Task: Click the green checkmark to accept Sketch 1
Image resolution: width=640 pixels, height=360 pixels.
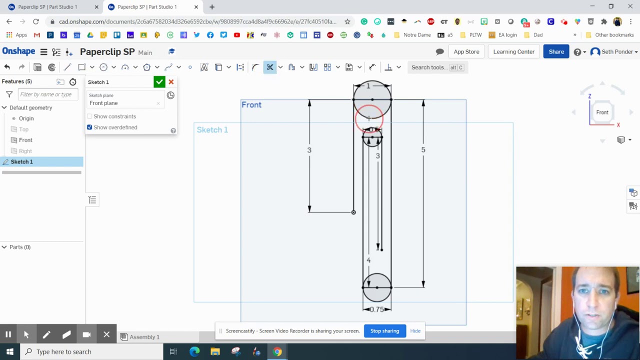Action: [x=159, y=82]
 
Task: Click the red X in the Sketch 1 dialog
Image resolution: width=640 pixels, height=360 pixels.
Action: [x=171, y=82]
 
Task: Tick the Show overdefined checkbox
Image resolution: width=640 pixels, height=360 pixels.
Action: [x=90, y=127]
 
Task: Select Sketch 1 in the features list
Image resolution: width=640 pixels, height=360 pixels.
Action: [x=22, y=161]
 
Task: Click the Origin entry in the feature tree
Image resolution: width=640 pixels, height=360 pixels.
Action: [x=26, y=118]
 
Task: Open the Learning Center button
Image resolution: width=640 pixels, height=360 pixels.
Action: [x=513, y=52]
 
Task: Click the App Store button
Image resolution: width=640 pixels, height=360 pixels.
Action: [x=466, y=52]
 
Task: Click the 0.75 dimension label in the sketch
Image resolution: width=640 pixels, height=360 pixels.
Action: [x=377, y=309]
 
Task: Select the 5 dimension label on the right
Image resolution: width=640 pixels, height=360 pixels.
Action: [x=423, y=149]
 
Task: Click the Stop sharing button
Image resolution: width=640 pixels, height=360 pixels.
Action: [x=384, y=331]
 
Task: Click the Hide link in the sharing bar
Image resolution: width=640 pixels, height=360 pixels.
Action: [x=415, y=331]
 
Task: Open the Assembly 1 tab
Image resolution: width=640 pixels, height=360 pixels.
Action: [x=144, y=337]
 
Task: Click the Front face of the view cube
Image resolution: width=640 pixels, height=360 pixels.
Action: [x=602, y=112]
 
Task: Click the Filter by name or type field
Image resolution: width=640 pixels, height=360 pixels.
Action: [x=46, y=94]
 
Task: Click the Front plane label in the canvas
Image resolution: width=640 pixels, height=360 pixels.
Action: [x=251, y=105]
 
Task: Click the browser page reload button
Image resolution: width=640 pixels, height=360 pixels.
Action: [x=36, y=21]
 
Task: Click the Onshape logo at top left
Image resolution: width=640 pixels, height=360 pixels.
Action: [x=19, y=52]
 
